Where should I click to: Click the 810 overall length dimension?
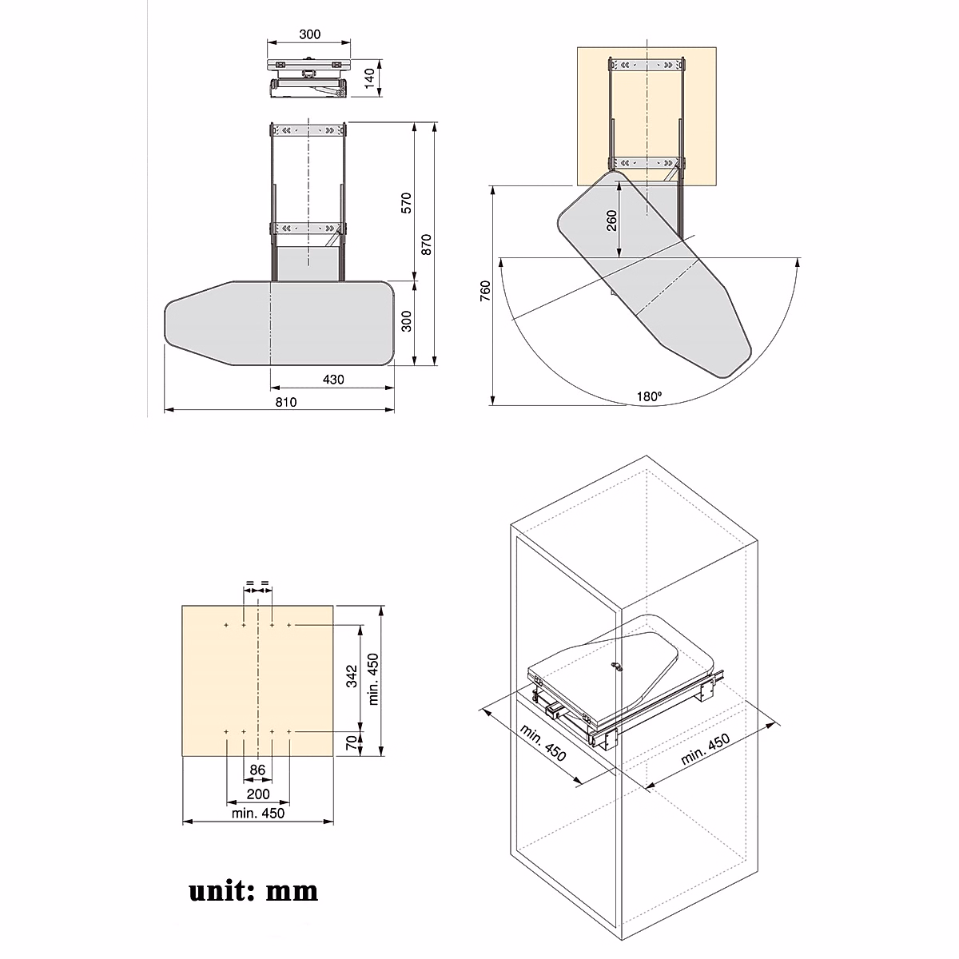(x=286, y=402)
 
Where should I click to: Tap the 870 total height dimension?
(x=427, y=244)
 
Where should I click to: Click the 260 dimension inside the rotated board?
(x=611, y=221)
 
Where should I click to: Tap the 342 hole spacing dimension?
(x=351, y=678)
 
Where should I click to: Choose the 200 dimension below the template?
(x=257, y=794)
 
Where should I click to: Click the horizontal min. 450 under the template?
(x=257, y=814)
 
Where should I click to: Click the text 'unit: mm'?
(x=253, y=890)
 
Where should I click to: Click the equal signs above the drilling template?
(x=257, y=583)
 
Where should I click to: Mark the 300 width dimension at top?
(x=309, y=34)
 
